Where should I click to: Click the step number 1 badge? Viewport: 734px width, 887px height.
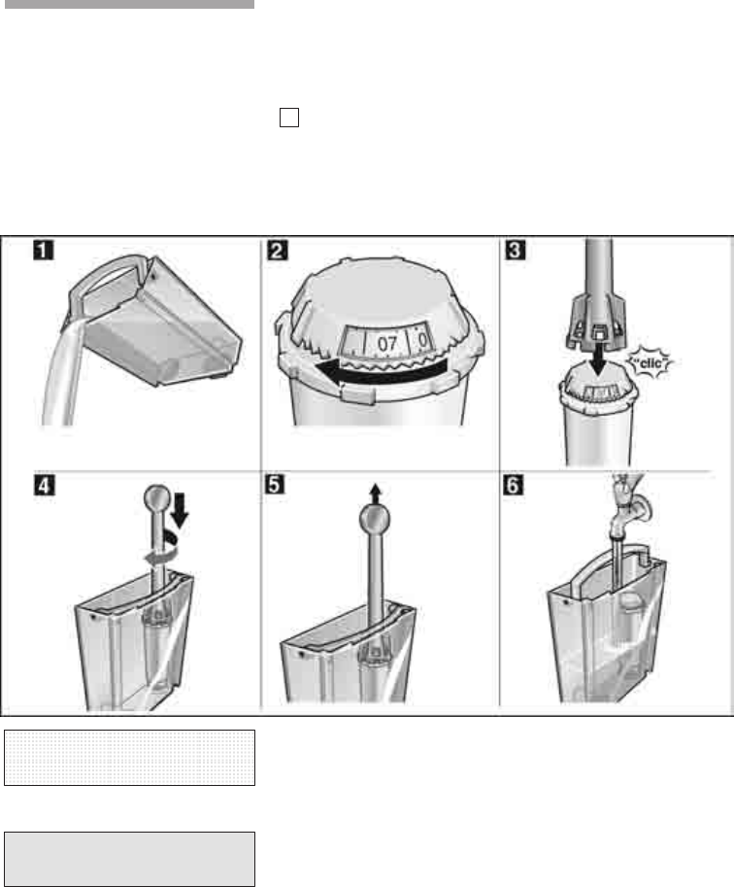pos(44,250)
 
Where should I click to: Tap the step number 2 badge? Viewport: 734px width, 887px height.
pos(277,250)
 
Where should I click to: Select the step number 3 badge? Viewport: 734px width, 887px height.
pos(515,250)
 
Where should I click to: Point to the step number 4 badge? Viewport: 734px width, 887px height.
pos(45,486)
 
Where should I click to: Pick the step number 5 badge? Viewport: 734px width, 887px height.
pos(275,485)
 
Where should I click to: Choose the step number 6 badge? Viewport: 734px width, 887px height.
pos(513,485)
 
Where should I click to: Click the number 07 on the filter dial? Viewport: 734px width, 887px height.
pos(386,343)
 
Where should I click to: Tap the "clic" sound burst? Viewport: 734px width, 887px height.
pos(650,362)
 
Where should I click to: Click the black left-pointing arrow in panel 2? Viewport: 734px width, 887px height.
pos(382,371)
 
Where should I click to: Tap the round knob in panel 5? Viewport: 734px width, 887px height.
pos(375,519)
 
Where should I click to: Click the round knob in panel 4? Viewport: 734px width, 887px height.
pos(157,497)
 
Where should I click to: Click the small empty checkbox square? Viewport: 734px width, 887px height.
pos(289,118)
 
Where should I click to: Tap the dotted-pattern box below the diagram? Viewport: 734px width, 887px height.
pos(129,758)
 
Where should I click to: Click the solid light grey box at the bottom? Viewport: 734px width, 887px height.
pos(129,859)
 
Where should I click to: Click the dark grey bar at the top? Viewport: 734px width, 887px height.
pos(129,4)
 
